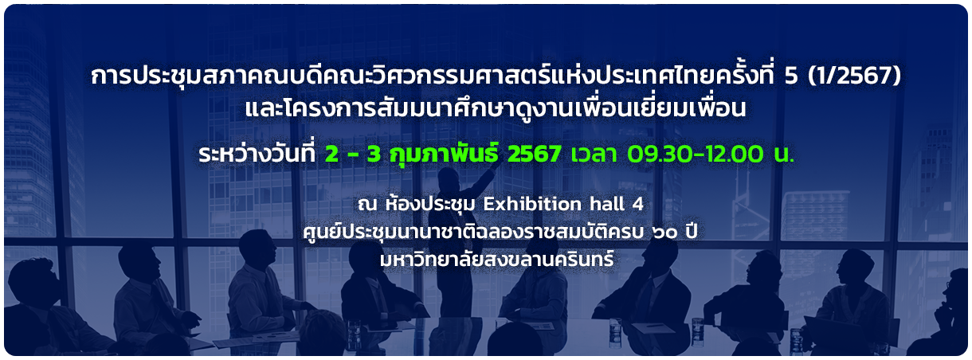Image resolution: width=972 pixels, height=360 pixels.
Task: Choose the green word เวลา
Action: point(594,155)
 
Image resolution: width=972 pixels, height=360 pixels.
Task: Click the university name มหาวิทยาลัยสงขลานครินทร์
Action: point(496,259)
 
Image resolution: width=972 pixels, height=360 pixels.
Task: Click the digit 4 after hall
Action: point(638,204)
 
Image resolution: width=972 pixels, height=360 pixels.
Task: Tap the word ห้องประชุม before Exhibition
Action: point(429,203)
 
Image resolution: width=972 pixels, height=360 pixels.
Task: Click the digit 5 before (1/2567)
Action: point(791,76)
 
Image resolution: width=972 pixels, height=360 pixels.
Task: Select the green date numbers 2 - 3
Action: point(353,154)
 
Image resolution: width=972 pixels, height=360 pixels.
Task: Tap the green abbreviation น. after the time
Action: point(784,155)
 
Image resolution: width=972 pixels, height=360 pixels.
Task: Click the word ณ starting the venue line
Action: point(367,205)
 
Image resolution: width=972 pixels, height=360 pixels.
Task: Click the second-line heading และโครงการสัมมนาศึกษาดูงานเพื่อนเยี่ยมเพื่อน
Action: point(496,108)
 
